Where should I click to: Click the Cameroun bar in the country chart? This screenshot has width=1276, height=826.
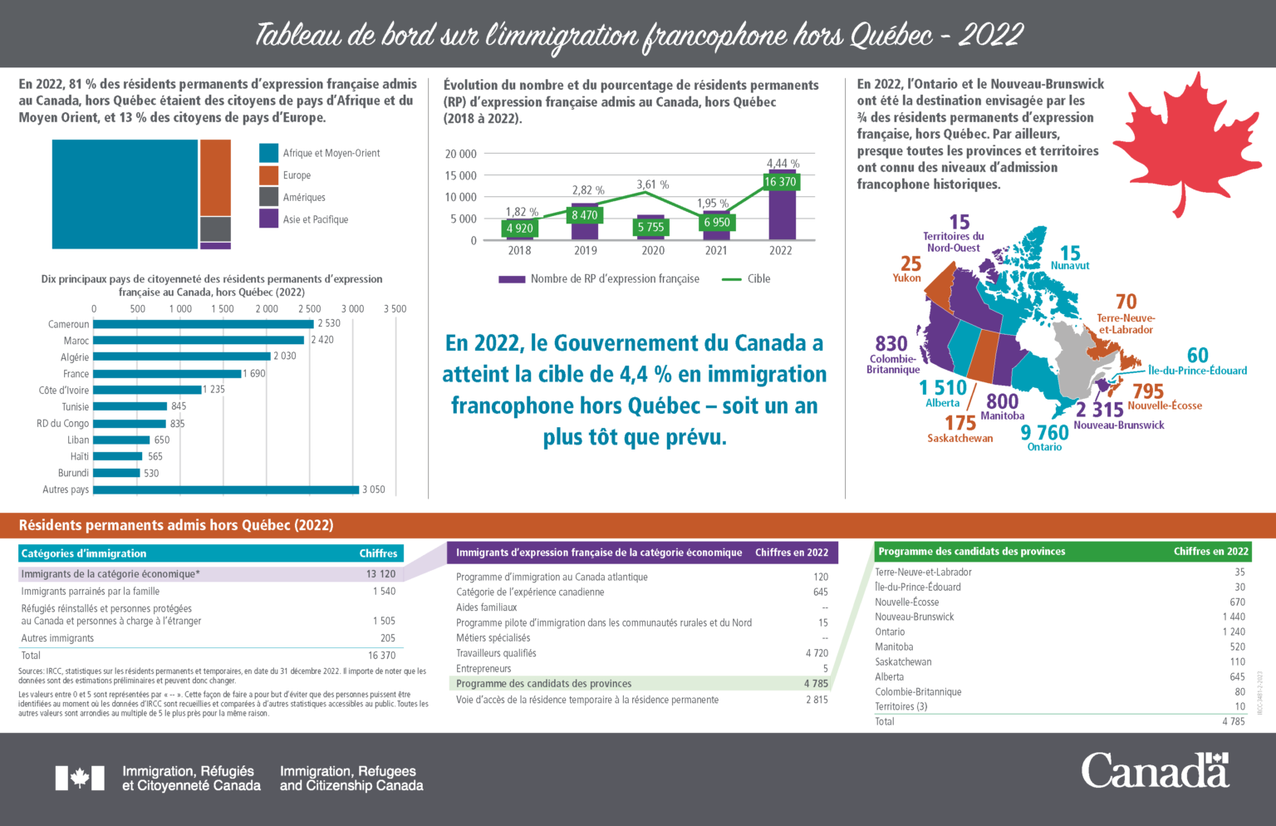pyautogui.click(x=204, y=324)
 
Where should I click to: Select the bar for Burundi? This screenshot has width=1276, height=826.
pyautogui.click(x=117, y=473)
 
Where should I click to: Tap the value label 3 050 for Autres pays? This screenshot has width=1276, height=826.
pyautogui.click(x=374, y=489)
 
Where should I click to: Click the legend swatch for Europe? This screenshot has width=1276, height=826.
pyautogui.click(x=268, y=175)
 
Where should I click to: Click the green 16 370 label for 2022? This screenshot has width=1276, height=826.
pyautogui.click(x=780, y=182)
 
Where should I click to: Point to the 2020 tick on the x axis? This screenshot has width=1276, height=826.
pyautogui.click(x=652, y=250)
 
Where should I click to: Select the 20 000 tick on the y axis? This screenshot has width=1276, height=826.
pyautogui.click(x=461, y=154)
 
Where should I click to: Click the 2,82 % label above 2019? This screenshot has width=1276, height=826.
pyautogui.click(x=588, y=190)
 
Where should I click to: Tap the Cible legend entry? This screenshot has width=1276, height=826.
pyautogui.click(x=758, y=279)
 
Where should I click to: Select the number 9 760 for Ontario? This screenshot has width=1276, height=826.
pyautogui.click(x=1044, y=432)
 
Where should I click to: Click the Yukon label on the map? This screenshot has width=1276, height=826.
pyautogui.click(x=906, y=278)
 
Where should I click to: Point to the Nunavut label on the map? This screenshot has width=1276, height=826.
pyautogui.click(x=1070, y=266)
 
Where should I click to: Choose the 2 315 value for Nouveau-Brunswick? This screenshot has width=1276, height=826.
pyautogui.click(x=1100, y=409)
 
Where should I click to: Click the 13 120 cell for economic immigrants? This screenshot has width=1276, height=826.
pyautogui.click(x=380, y=574)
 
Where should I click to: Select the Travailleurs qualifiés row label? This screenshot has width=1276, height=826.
pyautogui.click(x=496, y=653)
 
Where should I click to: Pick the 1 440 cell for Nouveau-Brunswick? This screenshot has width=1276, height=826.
pyautogui.click(x=1234, y=617)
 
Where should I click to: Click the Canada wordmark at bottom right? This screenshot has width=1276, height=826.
pyautogui.click(x=1155, y=770)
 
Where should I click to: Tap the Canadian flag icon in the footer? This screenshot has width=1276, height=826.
pyautogui.click(x=80, y=778)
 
